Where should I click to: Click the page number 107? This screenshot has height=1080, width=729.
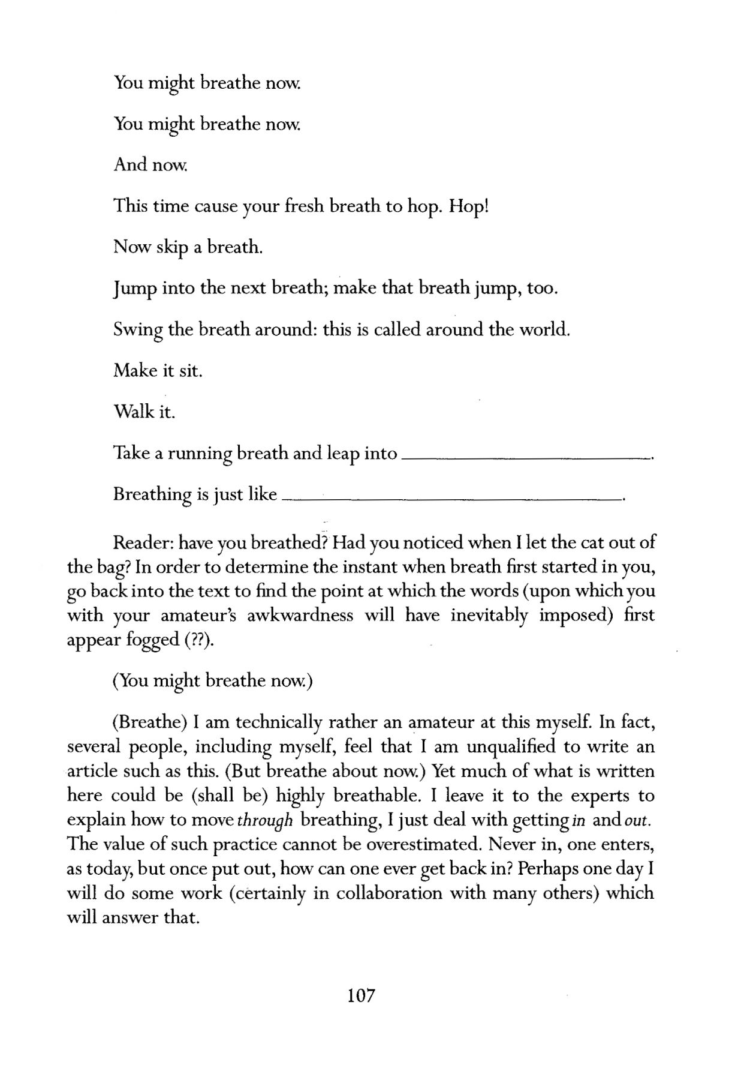click(x=361, y=995)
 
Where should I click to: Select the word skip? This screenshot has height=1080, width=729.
click(x=171, y=248)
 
